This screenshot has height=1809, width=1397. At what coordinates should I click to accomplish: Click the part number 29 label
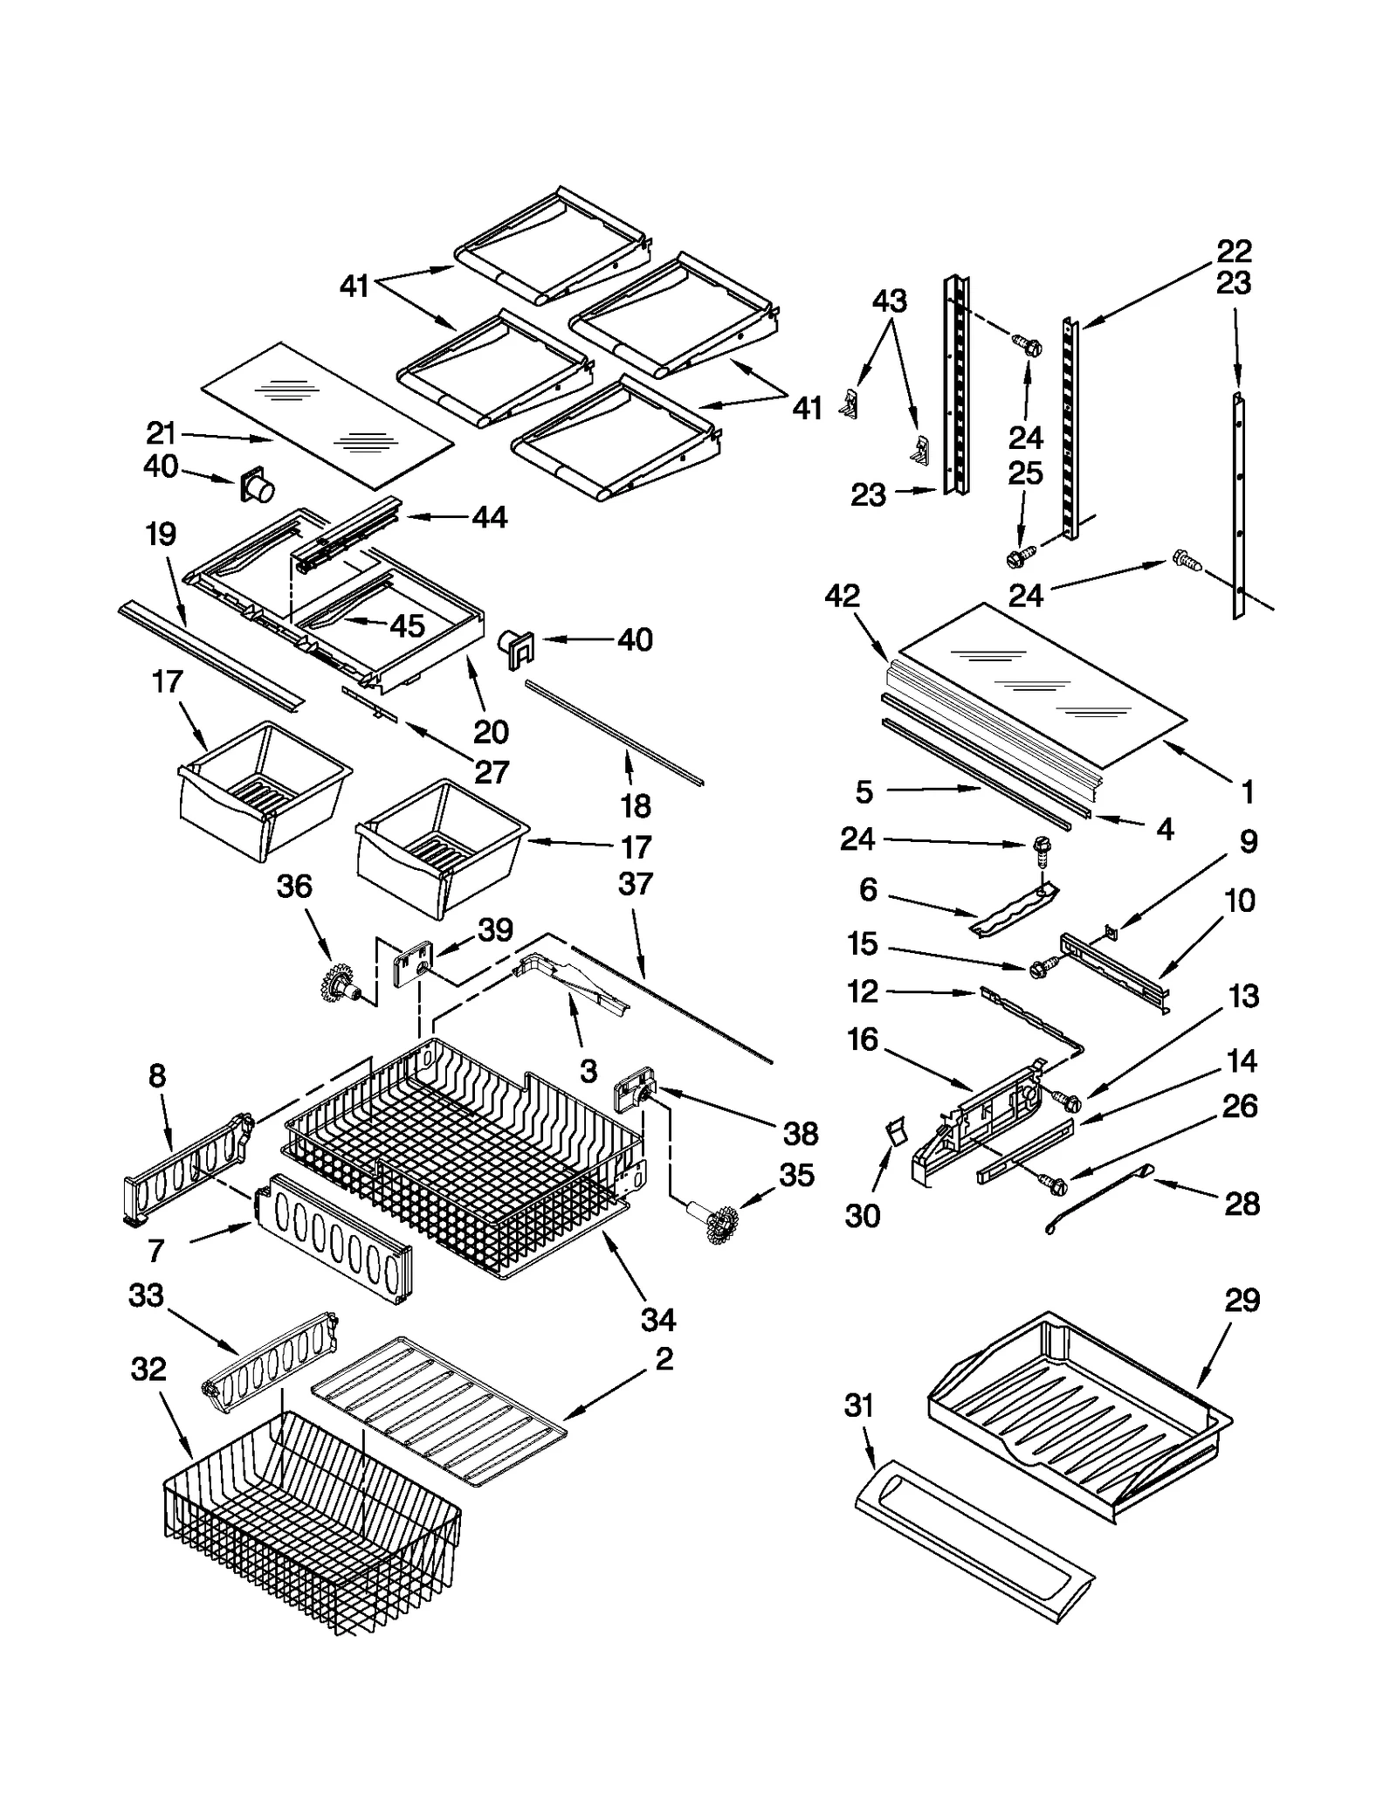[x=1242, y=1301]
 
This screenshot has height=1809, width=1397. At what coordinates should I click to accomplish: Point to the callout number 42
[x=842, y=596]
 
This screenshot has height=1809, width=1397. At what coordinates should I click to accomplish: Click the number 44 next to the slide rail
[x=489, y=517]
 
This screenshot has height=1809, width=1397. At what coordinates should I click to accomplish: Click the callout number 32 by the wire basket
[x=148, y=1369]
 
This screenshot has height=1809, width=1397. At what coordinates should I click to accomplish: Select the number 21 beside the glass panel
[x=162, y=433]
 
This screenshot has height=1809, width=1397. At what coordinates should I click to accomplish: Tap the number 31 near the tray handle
[x=859, y=1405]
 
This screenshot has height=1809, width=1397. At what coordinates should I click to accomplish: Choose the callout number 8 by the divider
[x=157, y=1076]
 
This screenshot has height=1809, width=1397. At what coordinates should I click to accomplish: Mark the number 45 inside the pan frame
[x=407, y=625]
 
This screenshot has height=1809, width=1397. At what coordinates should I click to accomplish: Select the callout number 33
[x=146, y=1295]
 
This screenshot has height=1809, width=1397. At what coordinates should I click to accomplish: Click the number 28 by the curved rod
[x=1242, y=1205]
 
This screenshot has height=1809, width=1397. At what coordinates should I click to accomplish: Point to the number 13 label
[x=1243, y=996]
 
